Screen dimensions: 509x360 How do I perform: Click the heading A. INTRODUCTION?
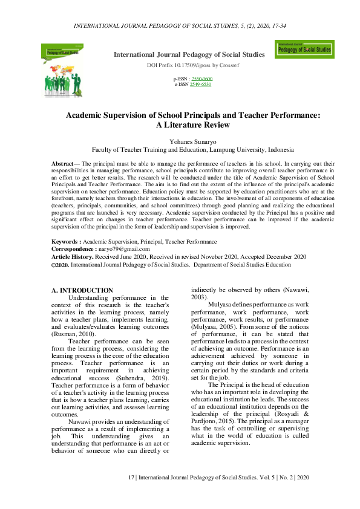(82, 290)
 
